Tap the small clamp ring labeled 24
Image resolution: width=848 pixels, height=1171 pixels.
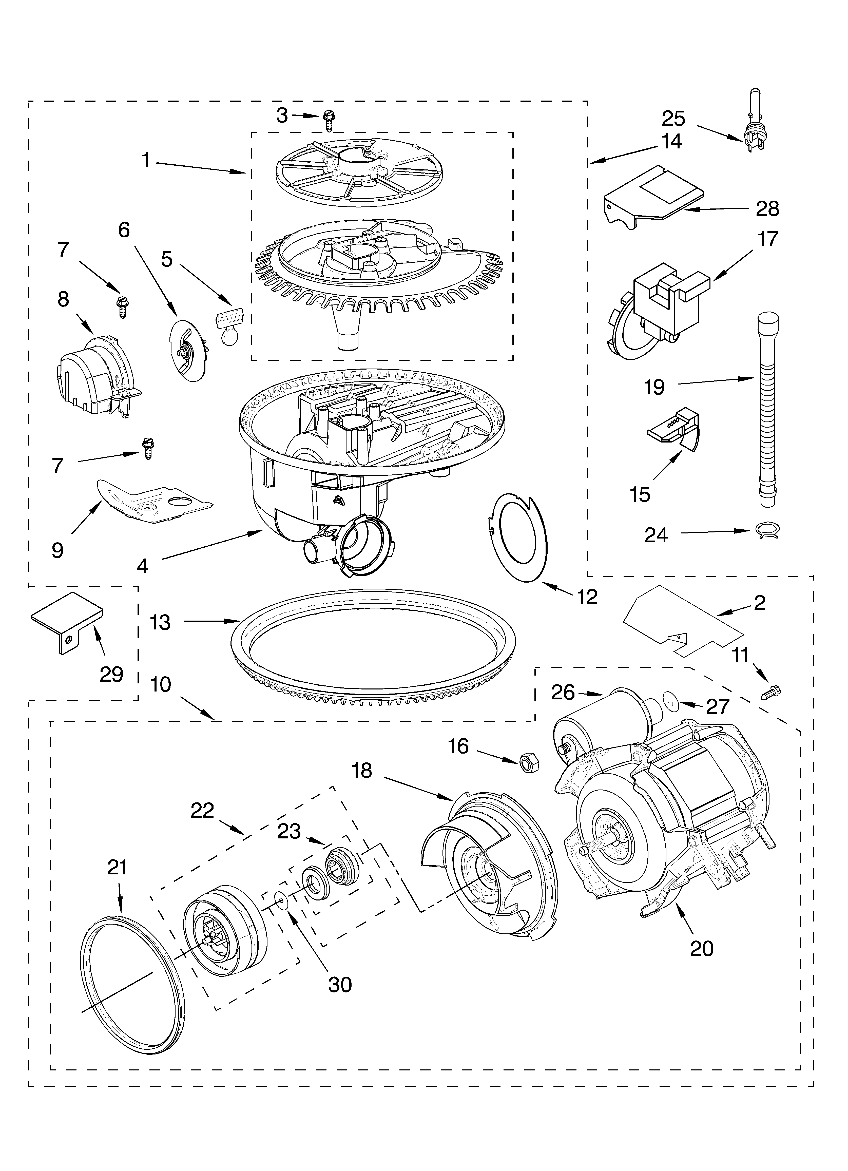point(767,530)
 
